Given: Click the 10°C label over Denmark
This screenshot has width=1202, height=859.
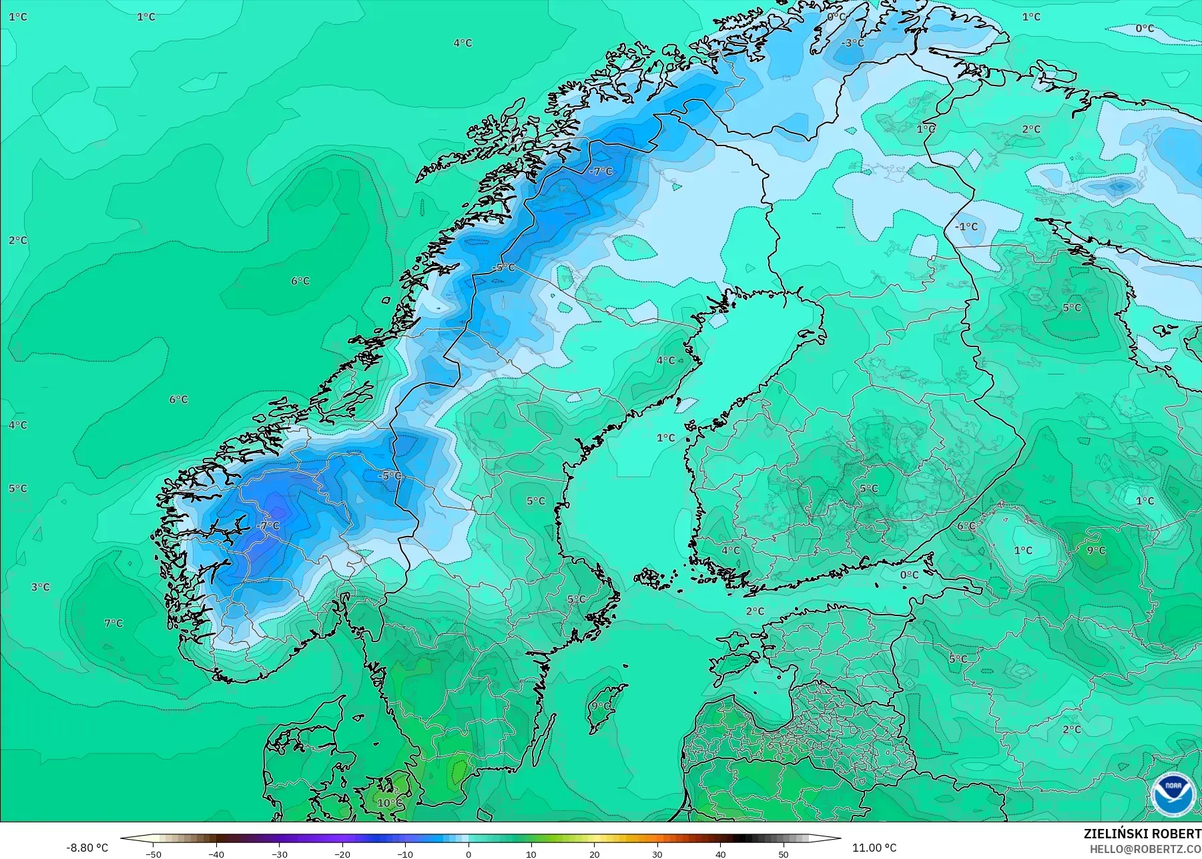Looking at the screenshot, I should coord(390,802).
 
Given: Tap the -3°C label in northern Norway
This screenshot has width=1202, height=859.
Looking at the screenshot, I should coord(852,43).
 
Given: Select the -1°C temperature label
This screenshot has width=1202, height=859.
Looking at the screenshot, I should coord(966,227).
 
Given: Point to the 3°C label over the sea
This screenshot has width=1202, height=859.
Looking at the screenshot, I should coord(40,587).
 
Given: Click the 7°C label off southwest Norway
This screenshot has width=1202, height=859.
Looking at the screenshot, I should coord(113,623).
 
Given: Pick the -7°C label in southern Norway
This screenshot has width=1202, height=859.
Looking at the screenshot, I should coord(268,526).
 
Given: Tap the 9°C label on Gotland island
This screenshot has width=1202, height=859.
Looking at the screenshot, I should coord(601,705).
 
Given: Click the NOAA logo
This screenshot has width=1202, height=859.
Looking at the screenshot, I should coord(1171,794).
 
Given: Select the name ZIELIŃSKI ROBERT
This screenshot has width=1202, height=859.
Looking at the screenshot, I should coord(1142,834).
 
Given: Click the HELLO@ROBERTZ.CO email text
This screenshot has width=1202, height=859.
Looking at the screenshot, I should coord(1145,849).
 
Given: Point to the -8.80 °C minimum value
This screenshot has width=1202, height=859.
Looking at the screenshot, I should coord(87,848).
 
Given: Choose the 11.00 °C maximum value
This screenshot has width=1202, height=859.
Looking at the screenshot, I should coord(874,848).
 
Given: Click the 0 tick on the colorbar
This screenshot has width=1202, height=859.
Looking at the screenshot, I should coord(469,854).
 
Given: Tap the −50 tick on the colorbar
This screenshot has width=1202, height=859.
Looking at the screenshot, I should coord(154,854).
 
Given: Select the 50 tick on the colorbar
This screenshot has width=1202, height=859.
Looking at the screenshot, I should coord(784,854).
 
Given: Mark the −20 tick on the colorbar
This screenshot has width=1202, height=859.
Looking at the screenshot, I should coord(342,854).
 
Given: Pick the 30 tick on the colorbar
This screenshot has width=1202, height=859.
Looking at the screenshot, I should coord(657,854).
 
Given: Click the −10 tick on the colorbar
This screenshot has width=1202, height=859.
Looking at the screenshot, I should coord(405,854).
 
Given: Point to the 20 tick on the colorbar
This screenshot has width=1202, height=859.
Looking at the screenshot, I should coord(595,854).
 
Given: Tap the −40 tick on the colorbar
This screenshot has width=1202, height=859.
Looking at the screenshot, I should coord(216,854).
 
